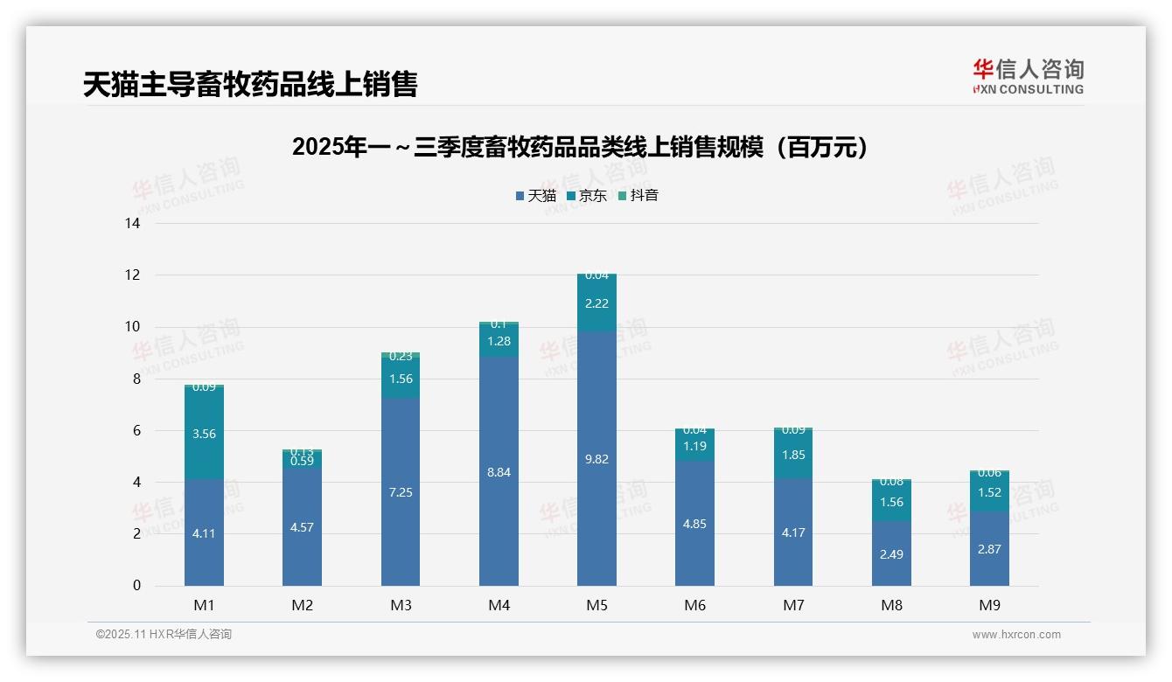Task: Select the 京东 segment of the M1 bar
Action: pos(204,433)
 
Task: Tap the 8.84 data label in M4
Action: pos(499,472)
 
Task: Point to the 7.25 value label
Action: pos(401,492)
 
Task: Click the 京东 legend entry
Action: pos(587,196)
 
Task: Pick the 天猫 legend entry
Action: pos(535,196)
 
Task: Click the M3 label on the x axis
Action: pos(401,605)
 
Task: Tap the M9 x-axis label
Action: pos(989,605)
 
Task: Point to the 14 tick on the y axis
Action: pos(133,223)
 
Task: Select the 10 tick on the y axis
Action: pos(133,327)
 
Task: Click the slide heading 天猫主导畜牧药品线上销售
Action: pos(250,84)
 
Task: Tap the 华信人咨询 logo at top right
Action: pos(1028,76)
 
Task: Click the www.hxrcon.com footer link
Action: pos(1016,635)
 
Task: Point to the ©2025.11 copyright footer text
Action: pos(164,635)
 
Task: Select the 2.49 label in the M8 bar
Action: pos(891,554)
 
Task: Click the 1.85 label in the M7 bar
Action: pos(793,455)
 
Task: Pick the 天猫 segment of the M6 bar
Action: pos(694,523)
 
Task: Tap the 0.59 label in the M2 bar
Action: pos(302,461)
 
